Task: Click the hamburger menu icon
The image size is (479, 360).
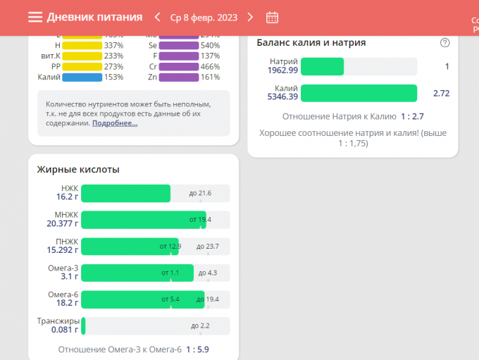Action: pyautogui.click(x=35, y=17)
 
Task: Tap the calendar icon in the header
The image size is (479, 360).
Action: pyautogui.click(x=273, y=17)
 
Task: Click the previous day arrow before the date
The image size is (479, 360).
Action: pyautogui.click(x=157, y=17)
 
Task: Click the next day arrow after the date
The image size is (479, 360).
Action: pyautogui.click(x=250, y=17)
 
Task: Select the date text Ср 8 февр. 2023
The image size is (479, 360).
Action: pyautogui.click(x=204, y=17)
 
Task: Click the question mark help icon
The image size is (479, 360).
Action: pyautogui.click(x=444, y=42)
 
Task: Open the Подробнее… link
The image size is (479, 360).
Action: pyautogui.click(x=115, y=123)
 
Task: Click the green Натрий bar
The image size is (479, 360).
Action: pyautogui.click(x=322, y=66)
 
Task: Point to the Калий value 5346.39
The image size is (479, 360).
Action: pyautogui.click(x=282, y=97)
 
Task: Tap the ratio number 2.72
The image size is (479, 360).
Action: pyautogui.click(x=441, y=93)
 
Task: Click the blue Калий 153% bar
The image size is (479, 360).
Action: pyautogui.click(x=82, y=77)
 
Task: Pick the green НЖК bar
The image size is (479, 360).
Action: pyautogui.click(x=125, y=193)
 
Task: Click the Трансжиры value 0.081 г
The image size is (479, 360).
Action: pyautogui.click(x=65, y=330)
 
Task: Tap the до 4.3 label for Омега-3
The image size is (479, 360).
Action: pyautogui.click(x=207, y=273)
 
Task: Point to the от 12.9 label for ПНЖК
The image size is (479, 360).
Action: pyautogui.click(x=170, y=246)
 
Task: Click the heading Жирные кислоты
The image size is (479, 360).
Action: pyautogui.click(x=78, y=169)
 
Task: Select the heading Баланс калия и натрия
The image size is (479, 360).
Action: pyautogui.click(x=311, y=42)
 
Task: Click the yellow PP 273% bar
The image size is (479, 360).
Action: pyautogui.click(x=82, y=67)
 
